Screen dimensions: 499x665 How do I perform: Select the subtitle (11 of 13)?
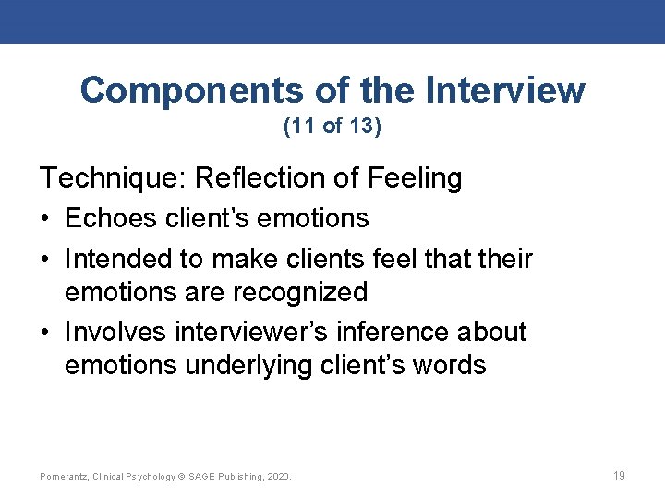[x=332, y=127]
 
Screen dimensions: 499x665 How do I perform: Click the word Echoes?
[x=112, y=219]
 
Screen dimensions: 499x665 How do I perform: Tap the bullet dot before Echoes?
[x=45, y=219]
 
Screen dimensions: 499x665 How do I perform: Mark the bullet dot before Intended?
[x=45, y=258]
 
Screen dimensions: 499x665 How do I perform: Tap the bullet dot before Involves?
[x=45, y=332]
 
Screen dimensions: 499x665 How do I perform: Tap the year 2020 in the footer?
[x=277, y=477]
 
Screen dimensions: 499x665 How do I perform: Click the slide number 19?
[x=619, y=476]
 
